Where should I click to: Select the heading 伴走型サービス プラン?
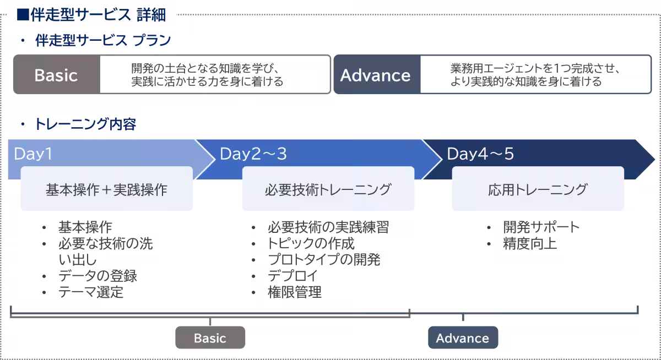click(102, 41)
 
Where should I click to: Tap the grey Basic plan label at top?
click(56, 75)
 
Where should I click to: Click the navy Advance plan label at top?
click(376, 75)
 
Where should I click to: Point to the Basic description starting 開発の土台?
click(207, 75)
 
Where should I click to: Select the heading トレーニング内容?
click(85, 124)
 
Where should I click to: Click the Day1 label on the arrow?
click(33, 154)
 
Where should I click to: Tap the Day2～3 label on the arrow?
click(253, 154)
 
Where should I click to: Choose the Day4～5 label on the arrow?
click(480, 154)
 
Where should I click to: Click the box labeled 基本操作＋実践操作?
click(106, 190)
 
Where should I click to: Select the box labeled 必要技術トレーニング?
click(328, 190)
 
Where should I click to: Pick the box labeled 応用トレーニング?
click(538, 190)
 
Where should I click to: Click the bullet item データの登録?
click(97, 276)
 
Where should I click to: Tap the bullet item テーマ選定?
click(91, 292)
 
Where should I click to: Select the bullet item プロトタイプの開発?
click(324, 260)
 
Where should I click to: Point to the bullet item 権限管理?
click(295, 292)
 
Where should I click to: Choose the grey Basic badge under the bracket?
click(210, 338)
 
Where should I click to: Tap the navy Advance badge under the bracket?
click(463, 338)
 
